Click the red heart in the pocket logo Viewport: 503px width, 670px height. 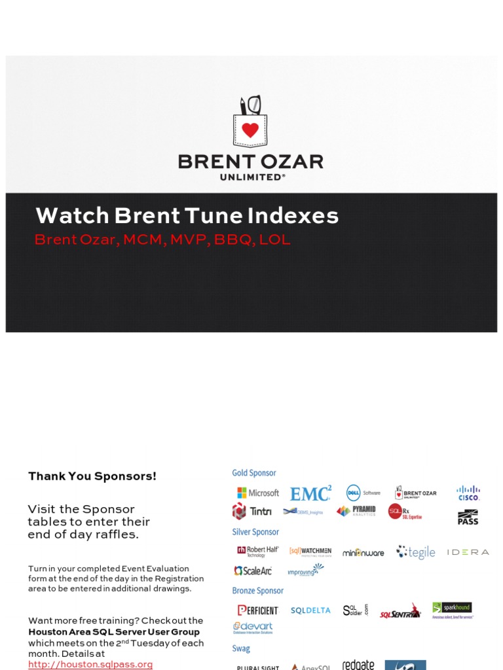click(250, 130)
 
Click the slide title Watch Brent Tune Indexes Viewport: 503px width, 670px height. click(187, 216)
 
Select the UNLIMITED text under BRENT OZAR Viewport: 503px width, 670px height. click(250, 177)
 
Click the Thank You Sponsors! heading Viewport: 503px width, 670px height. click(92, 476)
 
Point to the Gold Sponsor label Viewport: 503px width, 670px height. click(254, 473)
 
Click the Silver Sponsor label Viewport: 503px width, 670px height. click(255, 532)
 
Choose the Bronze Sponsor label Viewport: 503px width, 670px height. click(258, 591)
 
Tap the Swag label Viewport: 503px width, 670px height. click(241, 648)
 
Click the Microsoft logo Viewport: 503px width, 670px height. click(258, 493)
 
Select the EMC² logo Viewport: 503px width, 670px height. click(310, 493)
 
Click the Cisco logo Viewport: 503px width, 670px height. click(468, 493)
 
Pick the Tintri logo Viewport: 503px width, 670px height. click(252, 511)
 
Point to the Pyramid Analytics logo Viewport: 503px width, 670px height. click(356, 511)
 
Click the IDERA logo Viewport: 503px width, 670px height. click(468, 552)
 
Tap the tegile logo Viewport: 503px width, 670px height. click(416, 552)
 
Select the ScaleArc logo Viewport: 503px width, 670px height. click(253, 571)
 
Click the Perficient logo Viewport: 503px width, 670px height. click(257, 610)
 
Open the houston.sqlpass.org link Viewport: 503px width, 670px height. click(90, 664)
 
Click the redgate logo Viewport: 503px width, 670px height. click(358, 665)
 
